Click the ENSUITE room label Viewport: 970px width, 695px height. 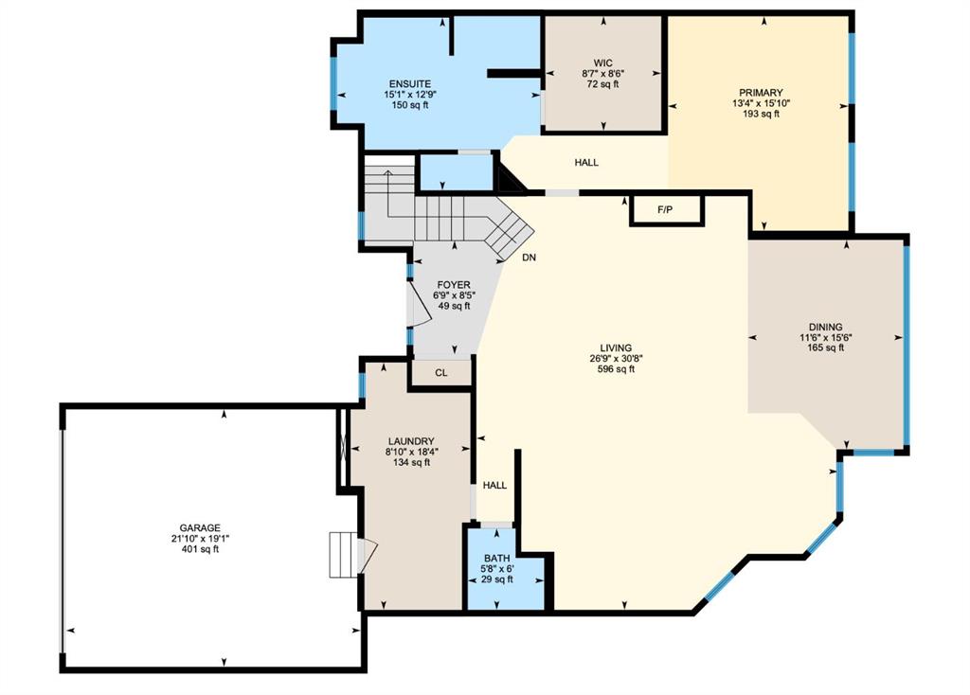point(409,84)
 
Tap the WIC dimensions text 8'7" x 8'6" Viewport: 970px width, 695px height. point(602,74)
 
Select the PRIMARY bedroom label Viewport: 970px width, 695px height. point(761,93)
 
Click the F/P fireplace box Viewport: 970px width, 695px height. point(666,210)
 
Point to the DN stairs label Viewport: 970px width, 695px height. point(529,258)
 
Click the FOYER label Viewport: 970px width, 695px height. point(454,285)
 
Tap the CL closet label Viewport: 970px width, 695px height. point(441,373)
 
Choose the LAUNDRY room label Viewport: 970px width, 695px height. point(411,441)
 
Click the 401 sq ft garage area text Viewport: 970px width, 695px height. point(200,549)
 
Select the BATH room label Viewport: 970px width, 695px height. point(497,559)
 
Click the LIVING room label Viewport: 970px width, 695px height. point(616,348)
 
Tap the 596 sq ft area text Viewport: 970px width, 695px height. point(616,369)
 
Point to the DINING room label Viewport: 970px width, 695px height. point(825,327)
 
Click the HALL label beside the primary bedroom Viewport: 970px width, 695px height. point(586,163)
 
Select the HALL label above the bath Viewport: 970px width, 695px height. point(494,486)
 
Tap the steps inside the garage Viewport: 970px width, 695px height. point(343,555)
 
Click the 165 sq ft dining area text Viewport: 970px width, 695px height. point(825,348)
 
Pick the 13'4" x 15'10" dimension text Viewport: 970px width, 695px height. point(761,103)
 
